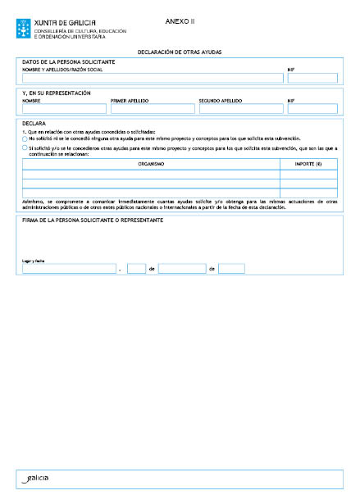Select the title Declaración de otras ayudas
[x=180, y=52]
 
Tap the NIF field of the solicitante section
[x=312, y=79]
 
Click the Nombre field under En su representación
[x=64, y=108]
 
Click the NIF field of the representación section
[x=312, y=108]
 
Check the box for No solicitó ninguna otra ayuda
[x=25, y=139]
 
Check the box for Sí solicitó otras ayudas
[x=25, y=148]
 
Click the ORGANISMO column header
[x=151, y=164]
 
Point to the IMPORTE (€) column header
[x=308, y=164]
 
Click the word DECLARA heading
[x=34, y=125]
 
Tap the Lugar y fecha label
[x=32, y=261]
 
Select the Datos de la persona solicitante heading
[x=68, y=61]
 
